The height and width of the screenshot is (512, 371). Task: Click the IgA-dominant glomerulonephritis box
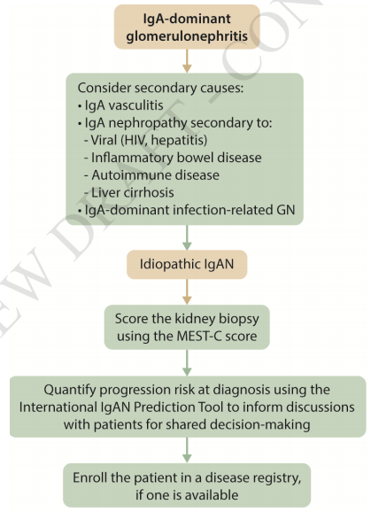click(187, 27)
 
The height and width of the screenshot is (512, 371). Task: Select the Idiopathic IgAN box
click(187, 265)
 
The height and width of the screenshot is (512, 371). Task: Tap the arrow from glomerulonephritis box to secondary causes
click(187, 61)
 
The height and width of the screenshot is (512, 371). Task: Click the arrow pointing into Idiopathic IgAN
click(187, 237)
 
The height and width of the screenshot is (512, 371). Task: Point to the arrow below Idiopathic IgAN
click(187, 292)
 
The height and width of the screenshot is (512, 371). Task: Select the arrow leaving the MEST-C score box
click(187, 363)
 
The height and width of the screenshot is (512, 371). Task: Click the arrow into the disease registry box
click(187, 450)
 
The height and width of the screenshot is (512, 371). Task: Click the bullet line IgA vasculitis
click(120, 105)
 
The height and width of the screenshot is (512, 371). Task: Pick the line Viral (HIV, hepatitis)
click(146, 140)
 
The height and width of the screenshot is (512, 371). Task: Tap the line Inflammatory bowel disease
click(173, 158)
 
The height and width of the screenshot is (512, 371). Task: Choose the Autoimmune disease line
click(151, 175)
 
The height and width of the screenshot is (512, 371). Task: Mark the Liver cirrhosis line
click(129, 192)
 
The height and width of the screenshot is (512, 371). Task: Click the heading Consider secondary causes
click(160, 88)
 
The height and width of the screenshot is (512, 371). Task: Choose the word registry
click(276, 478)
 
